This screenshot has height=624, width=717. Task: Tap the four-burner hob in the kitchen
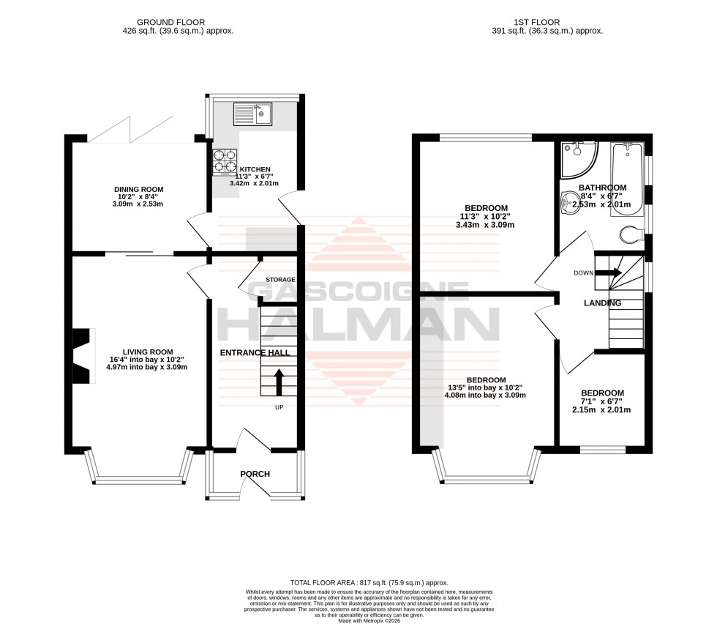[225, 163]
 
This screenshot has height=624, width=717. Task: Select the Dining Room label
[138, 190]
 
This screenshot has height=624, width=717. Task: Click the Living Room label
[141, 352]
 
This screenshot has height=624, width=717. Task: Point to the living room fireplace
[83, 356]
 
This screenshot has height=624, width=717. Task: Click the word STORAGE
[280, 280]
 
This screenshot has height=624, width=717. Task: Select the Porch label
[255, 474]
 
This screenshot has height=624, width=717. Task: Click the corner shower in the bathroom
[578, 160]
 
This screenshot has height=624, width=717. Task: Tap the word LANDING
[603, 303]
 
